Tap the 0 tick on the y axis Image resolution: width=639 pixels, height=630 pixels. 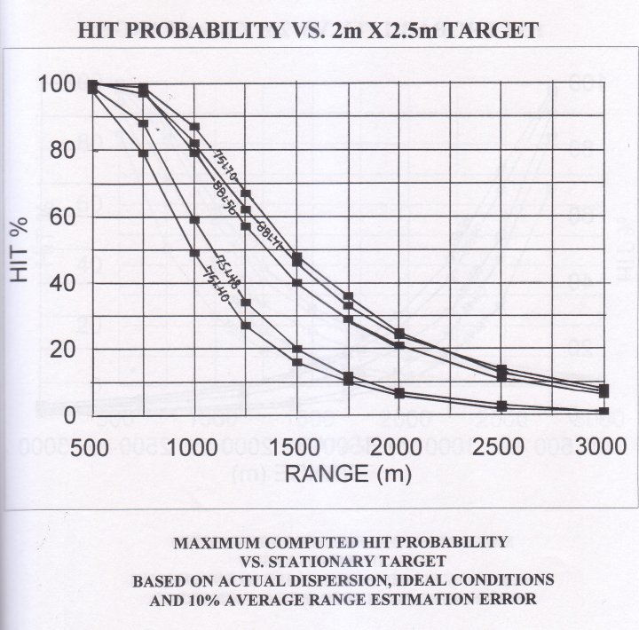point(71,414)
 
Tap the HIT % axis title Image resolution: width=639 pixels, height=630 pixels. point(21,249)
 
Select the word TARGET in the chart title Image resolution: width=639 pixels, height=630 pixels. point(491,30)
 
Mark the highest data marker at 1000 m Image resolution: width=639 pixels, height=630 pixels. point(194,127)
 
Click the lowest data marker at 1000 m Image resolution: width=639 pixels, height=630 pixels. point(194,253)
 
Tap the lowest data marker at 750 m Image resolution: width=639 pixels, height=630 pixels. point(143,154)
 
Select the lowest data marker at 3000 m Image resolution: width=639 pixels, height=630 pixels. point(603,411)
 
